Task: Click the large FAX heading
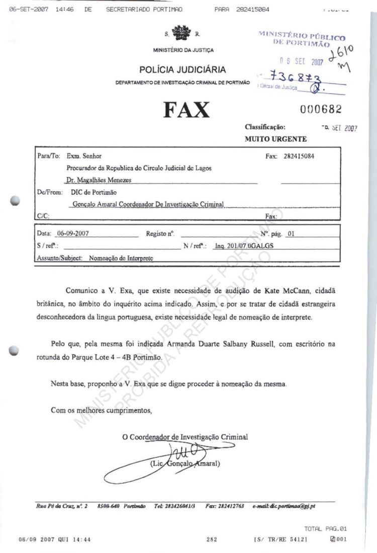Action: click(x=185, y=109)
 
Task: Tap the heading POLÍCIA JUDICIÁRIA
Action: click(x=182, y=70)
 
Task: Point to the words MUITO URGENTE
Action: click(x=275, y=139)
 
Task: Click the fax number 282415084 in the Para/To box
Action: click(x=297, y=156)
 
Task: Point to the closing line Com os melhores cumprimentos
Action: click(x=101, y=410)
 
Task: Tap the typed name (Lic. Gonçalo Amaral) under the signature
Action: click(x=185, y=463)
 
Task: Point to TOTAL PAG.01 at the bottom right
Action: click(x=325, y=529)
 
